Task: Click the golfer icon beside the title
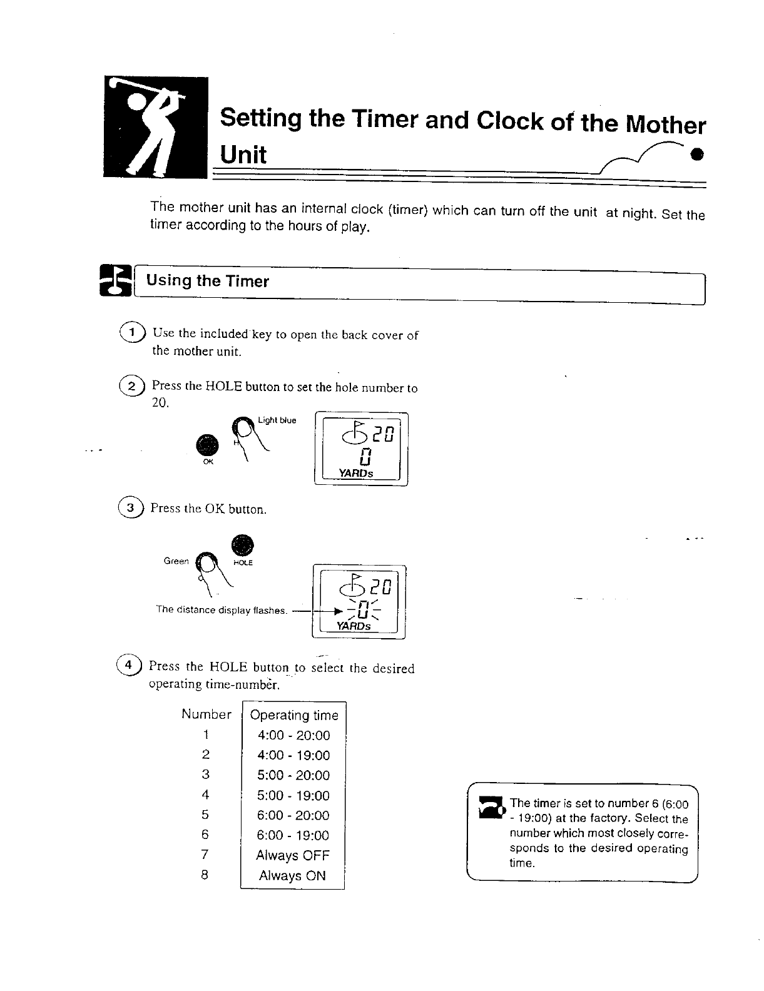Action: click(156, 127)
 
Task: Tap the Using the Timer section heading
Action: click(207, 281)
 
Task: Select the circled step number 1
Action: click(133, 332)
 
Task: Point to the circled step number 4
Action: click(128, 665)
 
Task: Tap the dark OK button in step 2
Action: click(207, 445)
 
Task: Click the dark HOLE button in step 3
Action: click(242, 545)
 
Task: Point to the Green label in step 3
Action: click(176, 561)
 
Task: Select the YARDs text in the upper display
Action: click(355, 474)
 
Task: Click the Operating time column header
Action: click(293, 715)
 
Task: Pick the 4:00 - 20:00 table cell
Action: click(293, 735)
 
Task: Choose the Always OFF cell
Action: click(292, 855)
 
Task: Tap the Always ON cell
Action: click(292, 875)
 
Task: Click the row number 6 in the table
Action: click(205, 835)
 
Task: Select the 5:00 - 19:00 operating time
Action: click(293, 795)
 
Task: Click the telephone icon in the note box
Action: click(491, 807)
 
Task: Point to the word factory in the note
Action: click(610, 818)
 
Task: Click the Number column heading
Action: click(206, 714)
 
